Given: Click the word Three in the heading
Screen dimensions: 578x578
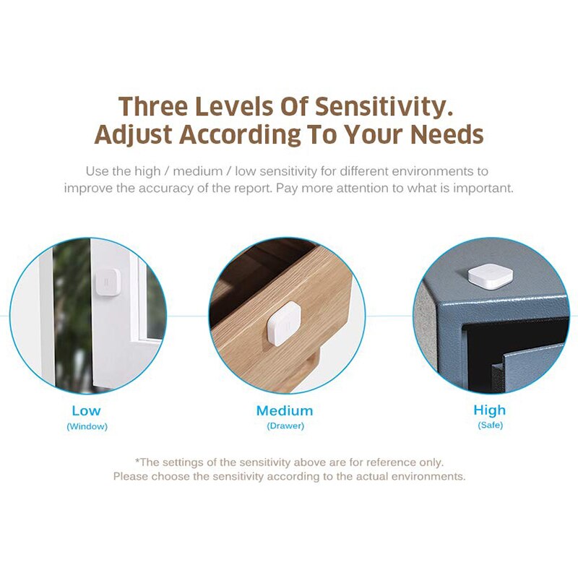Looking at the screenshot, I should [154, 106].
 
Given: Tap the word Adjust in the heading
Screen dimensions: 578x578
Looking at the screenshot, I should [134, 135].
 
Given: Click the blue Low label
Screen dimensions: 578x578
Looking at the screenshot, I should [86, 411].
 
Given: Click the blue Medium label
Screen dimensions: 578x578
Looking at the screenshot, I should [285, 411].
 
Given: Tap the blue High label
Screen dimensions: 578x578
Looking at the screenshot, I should [490, 410].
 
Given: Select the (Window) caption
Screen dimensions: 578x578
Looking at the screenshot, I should [87, 426].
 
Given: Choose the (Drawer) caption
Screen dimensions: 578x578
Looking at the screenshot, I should [285, 426].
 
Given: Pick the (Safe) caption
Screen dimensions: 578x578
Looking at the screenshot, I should [490, 426].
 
